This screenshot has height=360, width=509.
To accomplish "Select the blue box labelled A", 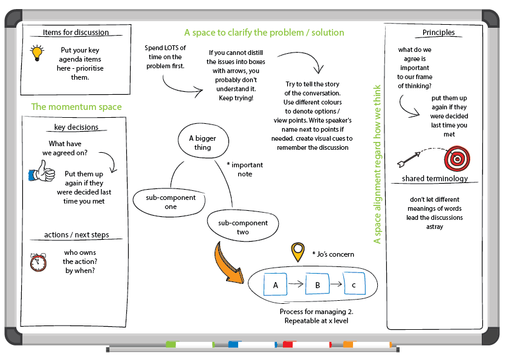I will (276, 283).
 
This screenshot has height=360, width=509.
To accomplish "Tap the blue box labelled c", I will (354, 283).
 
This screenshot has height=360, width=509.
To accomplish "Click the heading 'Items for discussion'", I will (76, 33).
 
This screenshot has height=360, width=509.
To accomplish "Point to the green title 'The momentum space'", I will (76, 107).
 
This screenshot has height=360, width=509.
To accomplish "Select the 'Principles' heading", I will (438, 33).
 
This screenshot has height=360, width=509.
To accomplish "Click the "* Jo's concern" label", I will (332, 254).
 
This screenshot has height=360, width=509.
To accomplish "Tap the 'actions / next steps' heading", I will (77, 235).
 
